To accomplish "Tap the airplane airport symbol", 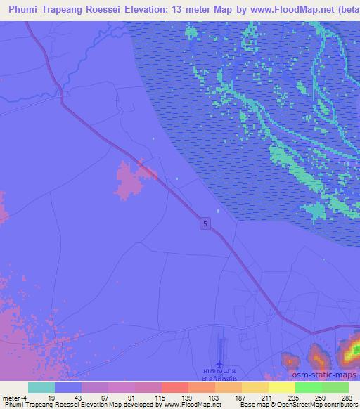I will (x=219, y=364).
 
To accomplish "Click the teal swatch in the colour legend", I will (x=41, y=387).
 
